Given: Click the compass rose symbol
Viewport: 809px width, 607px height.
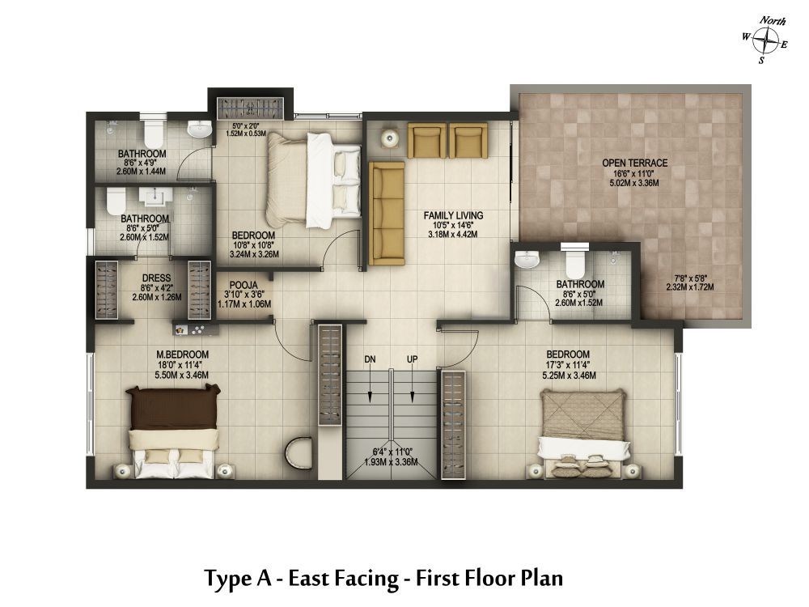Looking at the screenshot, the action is click(765, 40).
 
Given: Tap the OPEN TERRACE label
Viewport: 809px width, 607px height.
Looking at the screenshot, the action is click(634, 163).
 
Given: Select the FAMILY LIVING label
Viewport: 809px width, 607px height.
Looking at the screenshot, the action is click(453, 215).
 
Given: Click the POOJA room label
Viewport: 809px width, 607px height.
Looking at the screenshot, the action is click(244, 286).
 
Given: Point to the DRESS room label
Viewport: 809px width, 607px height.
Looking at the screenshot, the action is click(156, 278).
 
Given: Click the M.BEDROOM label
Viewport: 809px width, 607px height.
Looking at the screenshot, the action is click(183, 354).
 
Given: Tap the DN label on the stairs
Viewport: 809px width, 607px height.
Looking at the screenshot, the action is click(370, 359).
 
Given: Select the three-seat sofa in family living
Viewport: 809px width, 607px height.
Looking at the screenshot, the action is click(387, 213).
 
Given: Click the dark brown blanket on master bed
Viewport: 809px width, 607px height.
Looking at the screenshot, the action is click(173, 408).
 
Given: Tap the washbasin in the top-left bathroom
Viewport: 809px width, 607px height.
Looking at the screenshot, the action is click(200, 129).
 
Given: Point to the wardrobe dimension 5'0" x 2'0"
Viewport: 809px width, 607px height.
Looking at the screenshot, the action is click(246, 125).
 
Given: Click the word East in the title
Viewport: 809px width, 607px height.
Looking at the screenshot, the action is click(308, 578).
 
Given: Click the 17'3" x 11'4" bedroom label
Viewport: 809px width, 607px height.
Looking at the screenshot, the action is click(568, 365).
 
